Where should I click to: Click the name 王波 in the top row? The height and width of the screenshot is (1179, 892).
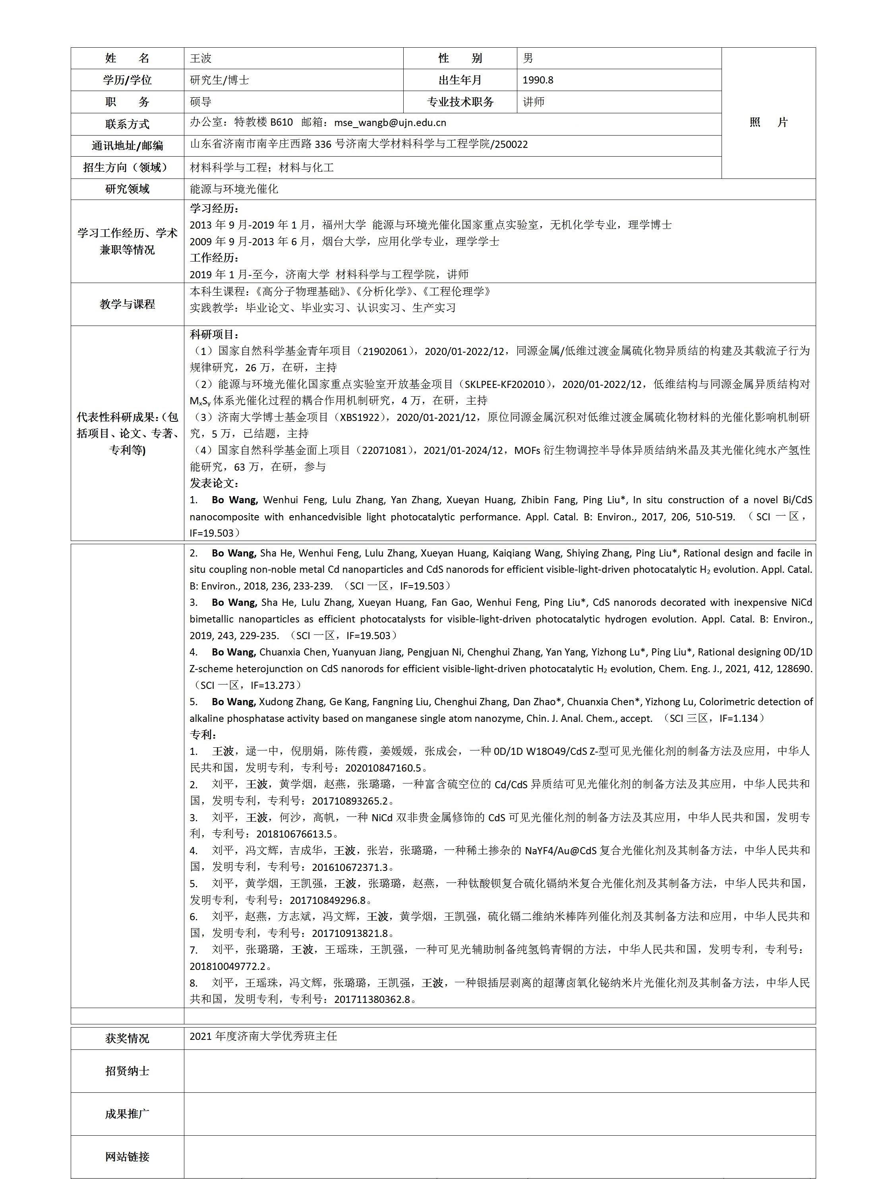point(201,58)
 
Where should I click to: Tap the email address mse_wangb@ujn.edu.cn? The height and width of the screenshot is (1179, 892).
point(390,122)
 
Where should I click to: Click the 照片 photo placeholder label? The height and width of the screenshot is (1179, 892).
point(768,122)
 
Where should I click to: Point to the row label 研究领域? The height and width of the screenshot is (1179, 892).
point(128,189)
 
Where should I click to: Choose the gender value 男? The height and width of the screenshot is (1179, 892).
point(528,58)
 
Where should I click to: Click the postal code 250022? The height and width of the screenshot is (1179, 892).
point(511,144)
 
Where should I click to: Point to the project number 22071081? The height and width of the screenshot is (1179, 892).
point(385,450)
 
